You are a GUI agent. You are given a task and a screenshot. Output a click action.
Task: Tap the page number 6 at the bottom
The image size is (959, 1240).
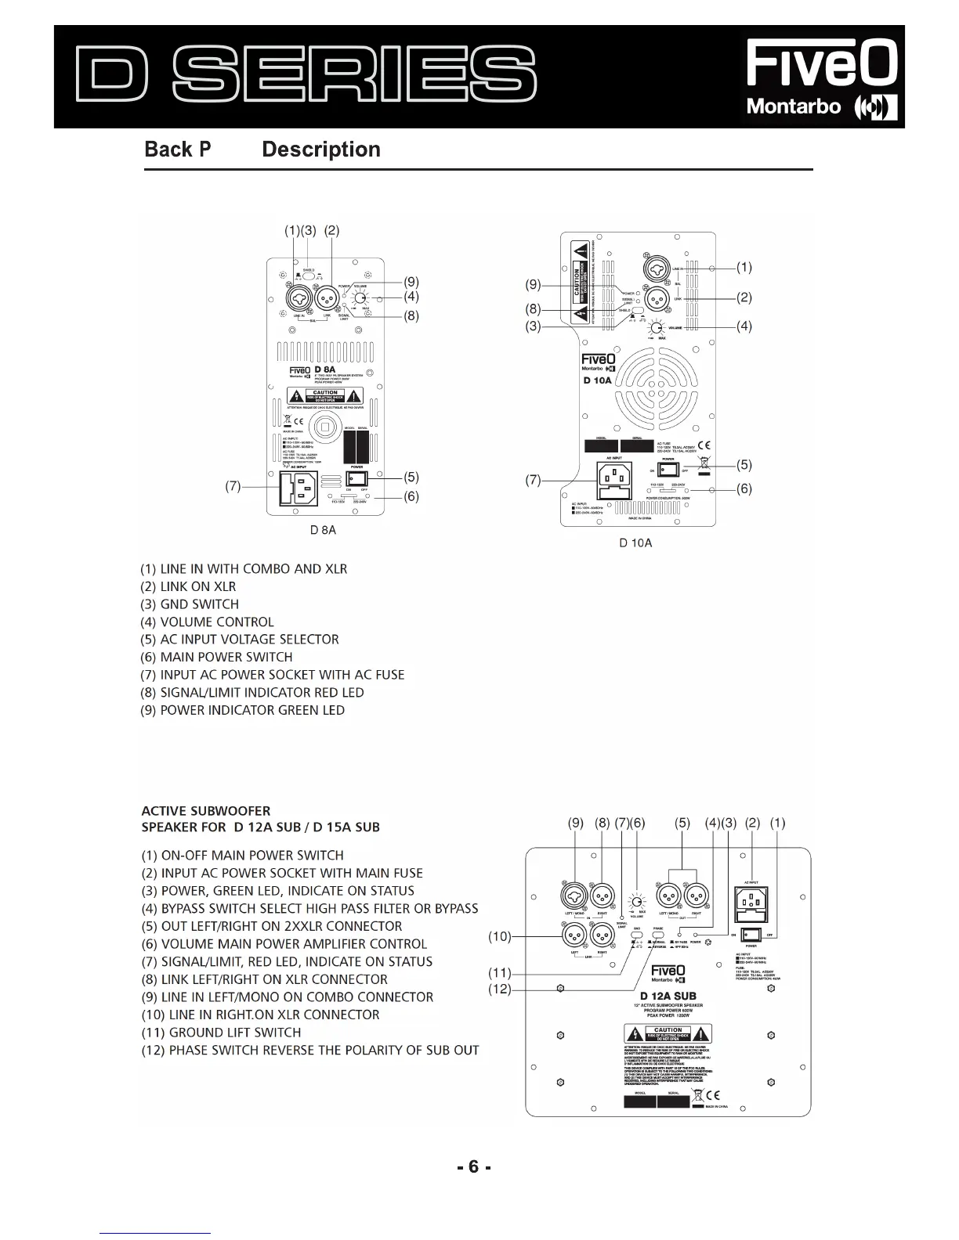(x=473, y=1167)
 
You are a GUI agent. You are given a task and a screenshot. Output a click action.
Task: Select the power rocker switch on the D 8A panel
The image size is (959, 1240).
(x=358, y=477)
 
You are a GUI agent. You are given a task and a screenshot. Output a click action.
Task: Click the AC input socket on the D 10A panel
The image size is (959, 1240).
(x=613, y=479)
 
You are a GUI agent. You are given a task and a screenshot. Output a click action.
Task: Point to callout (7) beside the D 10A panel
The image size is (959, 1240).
(x=533, y=480)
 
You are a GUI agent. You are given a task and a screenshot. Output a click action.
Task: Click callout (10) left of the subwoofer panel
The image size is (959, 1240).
(x=499, y=935)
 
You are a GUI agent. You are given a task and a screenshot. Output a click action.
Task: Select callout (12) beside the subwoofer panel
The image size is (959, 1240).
(x=499, y=989)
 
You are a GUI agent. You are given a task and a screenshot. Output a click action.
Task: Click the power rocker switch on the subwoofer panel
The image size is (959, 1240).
(x=752, y=934)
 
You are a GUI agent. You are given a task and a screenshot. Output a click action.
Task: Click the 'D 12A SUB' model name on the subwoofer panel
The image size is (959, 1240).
(x=668, y=996)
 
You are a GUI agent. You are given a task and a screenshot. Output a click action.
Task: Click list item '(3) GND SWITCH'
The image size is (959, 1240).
(x=190, y=604)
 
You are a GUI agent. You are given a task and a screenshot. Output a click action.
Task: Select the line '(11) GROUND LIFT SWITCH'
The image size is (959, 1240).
(x=221, y=1033)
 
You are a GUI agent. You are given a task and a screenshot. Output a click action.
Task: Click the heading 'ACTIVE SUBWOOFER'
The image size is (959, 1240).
(x=205, y=811)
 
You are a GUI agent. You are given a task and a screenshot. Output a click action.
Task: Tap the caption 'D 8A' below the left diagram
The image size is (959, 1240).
(x=323, y=530)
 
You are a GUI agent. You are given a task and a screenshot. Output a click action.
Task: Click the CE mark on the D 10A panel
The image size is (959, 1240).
(x=704, y=445)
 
